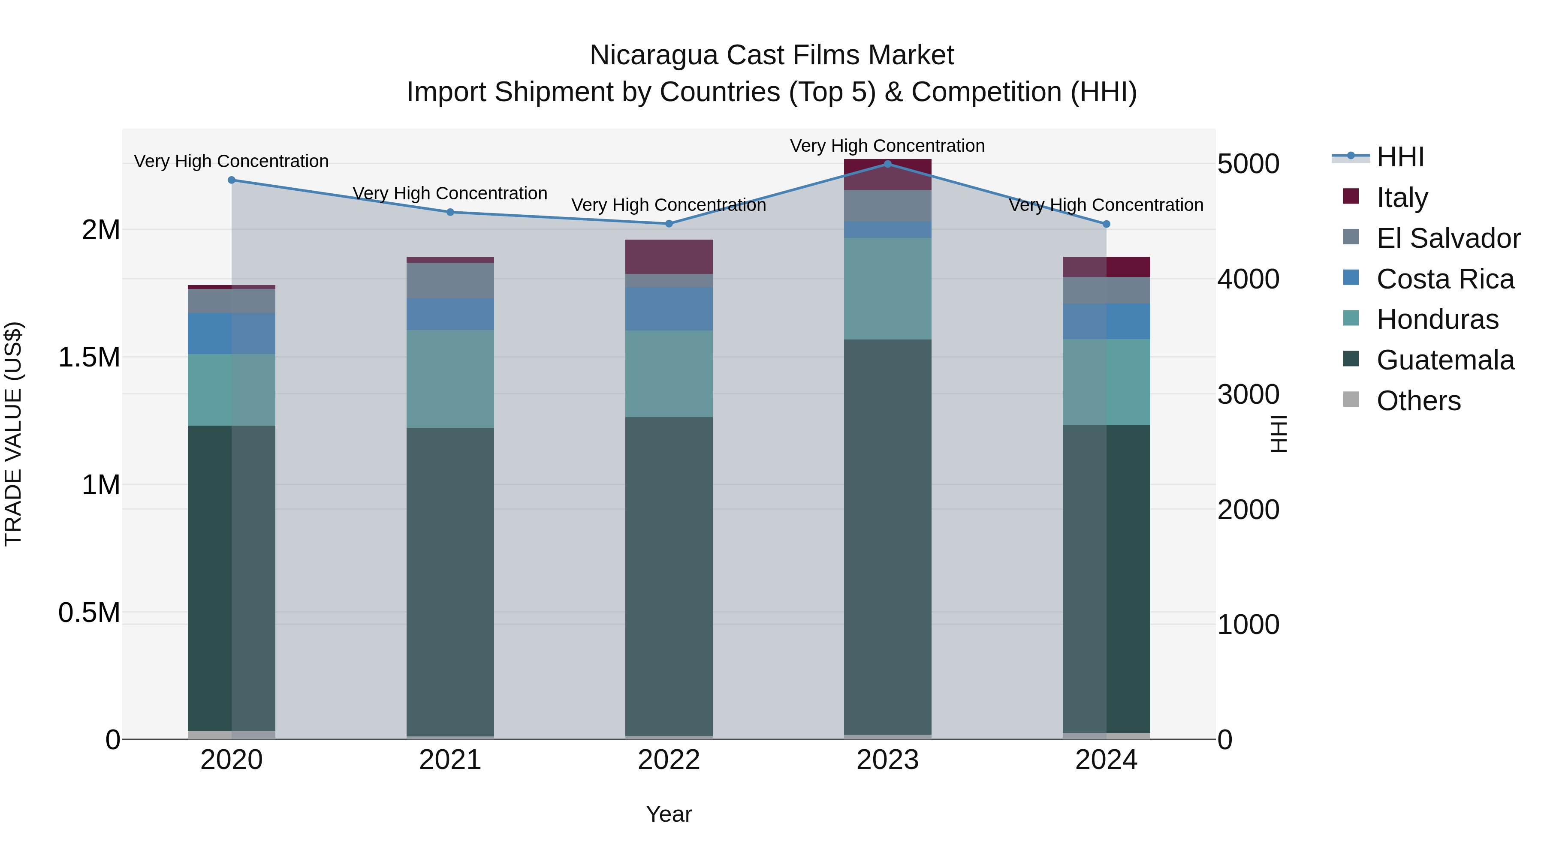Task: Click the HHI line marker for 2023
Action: tap(888, 164)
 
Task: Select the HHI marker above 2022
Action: tap(669, 223)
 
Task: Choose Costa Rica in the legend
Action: tap(1444, 279)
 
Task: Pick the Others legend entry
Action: tap(1418, 400)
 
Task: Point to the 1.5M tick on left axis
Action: tap(89, 357)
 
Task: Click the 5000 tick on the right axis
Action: tap(1248, 164)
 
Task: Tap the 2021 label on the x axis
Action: tap(450, 760)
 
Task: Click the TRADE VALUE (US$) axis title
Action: tap(13, 434)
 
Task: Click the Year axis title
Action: tap(669, 814)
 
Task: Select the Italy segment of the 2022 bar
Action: tap(669, 256)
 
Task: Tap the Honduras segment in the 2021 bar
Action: tap(450, 378)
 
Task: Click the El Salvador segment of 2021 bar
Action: tap(450, 280)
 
